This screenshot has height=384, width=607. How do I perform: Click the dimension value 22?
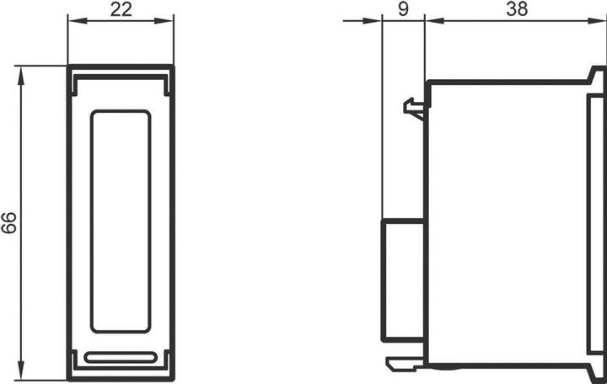[121, 10]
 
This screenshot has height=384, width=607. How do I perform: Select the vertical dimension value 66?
[9, 223]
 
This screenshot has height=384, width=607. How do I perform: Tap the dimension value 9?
[403, 10]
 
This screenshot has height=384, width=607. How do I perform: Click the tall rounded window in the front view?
[121, 221]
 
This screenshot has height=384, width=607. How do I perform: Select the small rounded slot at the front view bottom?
[121, 357]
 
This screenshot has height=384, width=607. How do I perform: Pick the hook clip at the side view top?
[414, 108]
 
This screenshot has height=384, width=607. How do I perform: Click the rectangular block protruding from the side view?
[403, 280]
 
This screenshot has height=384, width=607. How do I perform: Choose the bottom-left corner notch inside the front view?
[75, 360]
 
